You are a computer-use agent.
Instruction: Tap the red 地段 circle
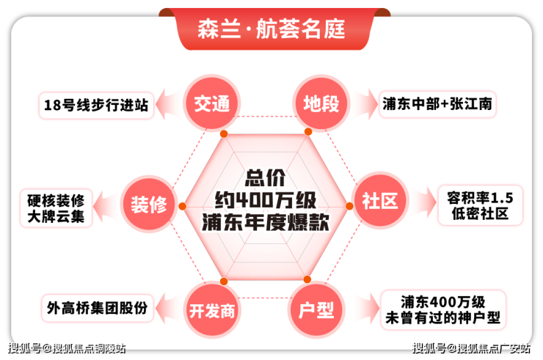pyautogui.click(x=321, y=104)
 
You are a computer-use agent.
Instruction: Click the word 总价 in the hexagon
pyautogui.click(x=264, y=177)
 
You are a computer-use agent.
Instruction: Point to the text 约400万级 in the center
pyautogui.click(x=264, y=200)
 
